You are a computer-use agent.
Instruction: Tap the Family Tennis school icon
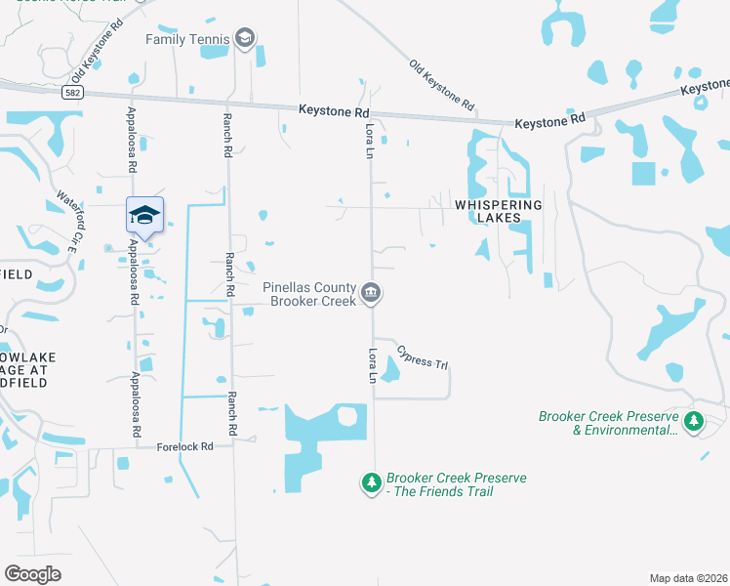(245, 39)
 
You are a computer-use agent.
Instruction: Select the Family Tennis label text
(187, 39)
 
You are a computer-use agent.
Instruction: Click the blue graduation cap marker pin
(144, 216)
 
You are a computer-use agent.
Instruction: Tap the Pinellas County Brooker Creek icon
(371, 293)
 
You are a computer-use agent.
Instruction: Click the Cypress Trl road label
(422, 361)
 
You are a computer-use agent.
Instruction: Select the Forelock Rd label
(185, 446)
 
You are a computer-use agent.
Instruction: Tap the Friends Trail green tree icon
(371, 482)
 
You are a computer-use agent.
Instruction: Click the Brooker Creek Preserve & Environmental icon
(694, 422)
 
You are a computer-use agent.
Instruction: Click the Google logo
(32, 573)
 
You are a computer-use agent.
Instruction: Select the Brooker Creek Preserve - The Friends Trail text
(456, 484)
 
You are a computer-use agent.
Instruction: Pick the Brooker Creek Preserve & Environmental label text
(608, 423)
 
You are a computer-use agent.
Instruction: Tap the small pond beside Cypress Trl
(392, 370)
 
